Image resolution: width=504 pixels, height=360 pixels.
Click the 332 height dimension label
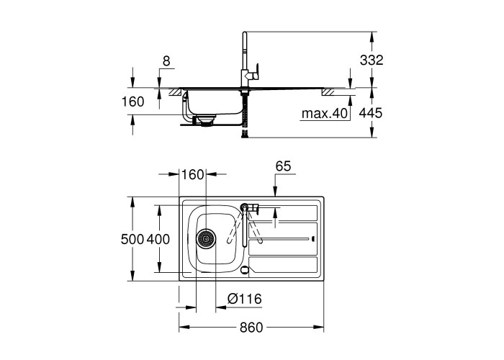[372, 60]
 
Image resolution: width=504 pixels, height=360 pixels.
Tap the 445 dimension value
[371, 113]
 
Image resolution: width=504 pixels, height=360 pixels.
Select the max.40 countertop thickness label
[325, 114]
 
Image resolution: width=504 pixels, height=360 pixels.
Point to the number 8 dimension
[166, 61]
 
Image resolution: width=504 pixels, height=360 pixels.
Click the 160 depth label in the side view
[132, 102]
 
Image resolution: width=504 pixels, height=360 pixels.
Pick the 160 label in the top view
[192, 174]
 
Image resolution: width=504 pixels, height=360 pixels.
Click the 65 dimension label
[283, 166]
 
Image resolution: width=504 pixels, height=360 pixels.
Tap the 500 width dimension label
[132, 239]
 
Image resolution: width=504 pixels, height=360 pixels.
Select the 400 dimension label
[158, 239]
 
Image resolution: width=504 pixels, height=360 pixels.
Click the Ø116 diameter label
[245, 299]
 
